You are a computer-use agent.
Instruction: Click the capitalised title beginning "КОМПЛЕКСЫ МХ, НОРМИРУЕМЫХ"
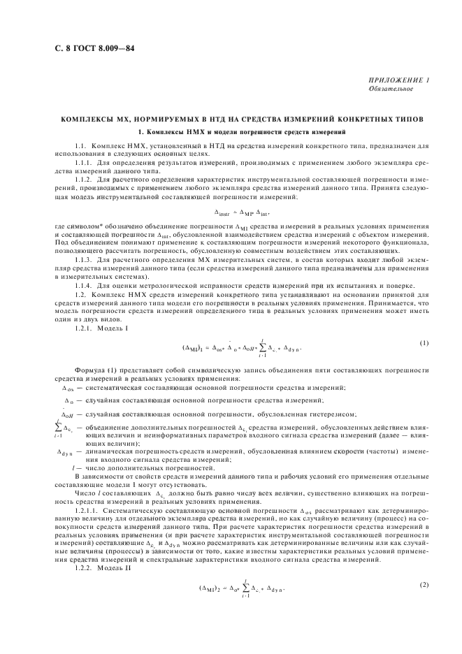click(231, 119)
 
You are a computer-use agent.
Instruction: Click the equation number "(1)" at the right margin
click(424, 342)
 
